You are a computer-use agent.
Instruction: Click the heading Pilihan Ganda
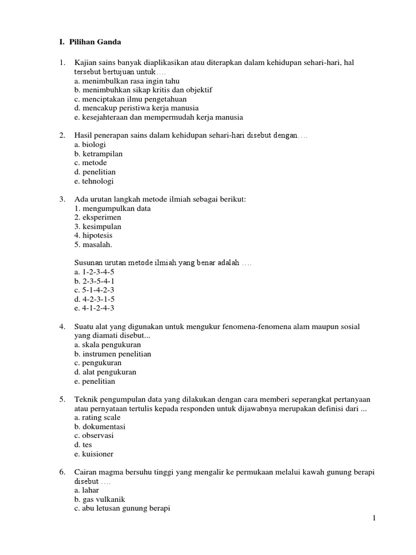[95, 41]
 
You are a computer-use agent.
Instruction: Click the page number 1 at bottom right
[374, 519]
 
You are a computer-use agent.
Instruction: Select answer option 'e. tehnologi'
[94, 182]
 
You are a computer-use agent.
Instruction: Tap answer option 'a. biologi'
[90, 145]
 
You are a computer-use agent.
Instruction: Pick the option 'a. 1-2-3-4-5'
[95, 272]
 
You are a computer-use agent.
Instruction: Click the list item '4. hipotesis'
[94, 236]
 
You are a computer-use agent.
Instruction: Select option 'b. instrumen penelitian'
[113, 354]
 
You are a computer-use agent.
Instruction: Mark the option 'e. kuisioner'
[94, 454]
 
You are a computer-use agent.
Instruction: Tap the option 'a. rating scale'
[97, 417]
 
